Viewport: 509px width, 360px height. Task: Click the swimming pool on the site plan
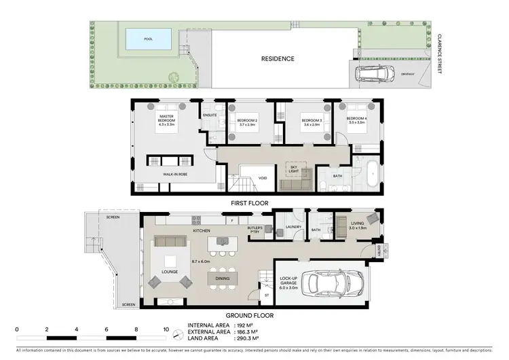tap(148, 39)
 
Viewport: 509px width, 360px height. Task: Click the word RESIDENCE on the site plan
tap(278, 58)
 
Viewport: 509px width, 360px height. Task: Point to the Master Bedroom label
tap(166, 120)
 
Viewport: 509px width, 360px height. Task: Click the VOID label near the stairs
tap(263, 179)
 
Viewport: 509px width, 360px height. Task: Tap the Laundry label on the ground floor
tap(293, 228)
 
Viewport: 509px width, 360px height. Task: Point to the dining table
tap(222, 279)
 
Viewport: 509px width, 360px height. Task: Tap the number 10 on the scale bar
tap(166, 329)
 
